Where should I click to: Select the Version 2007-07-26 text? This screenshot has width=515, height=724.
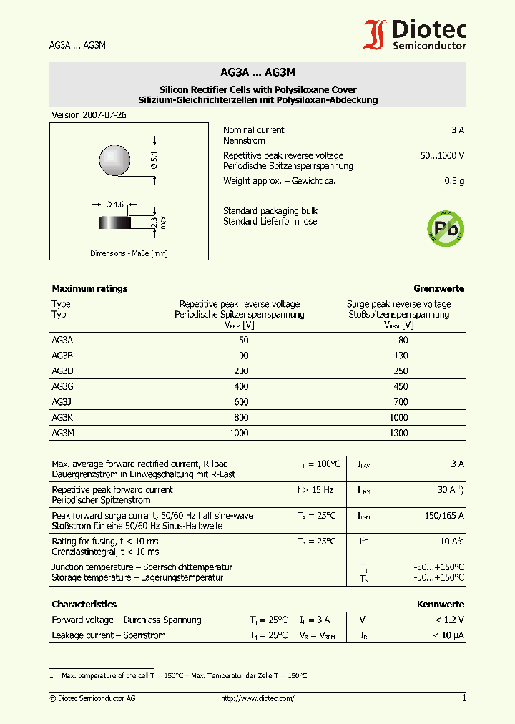click(x=79, y=115)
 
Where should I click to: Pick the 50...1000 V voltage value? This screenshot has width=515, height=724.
click(x=442, y=156)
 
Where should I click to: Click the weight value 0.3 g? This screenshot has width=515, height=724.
click(x=454, y=181)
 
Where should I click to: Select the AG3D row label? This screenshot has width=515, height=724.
click(x=63, y=371)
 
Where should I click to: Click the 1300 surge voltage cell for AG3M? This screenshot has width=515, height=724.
click(x=398, y=433)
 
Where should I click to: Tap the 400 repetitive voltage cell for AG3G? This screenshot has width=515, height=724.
click(x=241, y=386)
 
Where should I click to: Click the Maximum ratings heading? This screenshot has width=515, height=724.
click(x=89, y=289)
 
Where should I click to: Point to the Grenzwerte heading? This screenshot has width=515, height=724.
click(x=438, y=289)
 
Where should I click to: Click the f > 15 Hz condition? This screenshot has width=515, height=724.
click(x=315, y=490)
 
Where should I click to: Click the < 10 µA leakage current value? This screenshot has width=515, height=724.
click(x=448, y=635)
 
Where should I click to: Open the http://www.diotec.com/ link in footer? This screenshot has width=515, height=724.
click(x=257, y=698)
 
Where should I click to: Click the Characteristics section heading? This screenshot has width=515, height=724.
click(x=84, y=605)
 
